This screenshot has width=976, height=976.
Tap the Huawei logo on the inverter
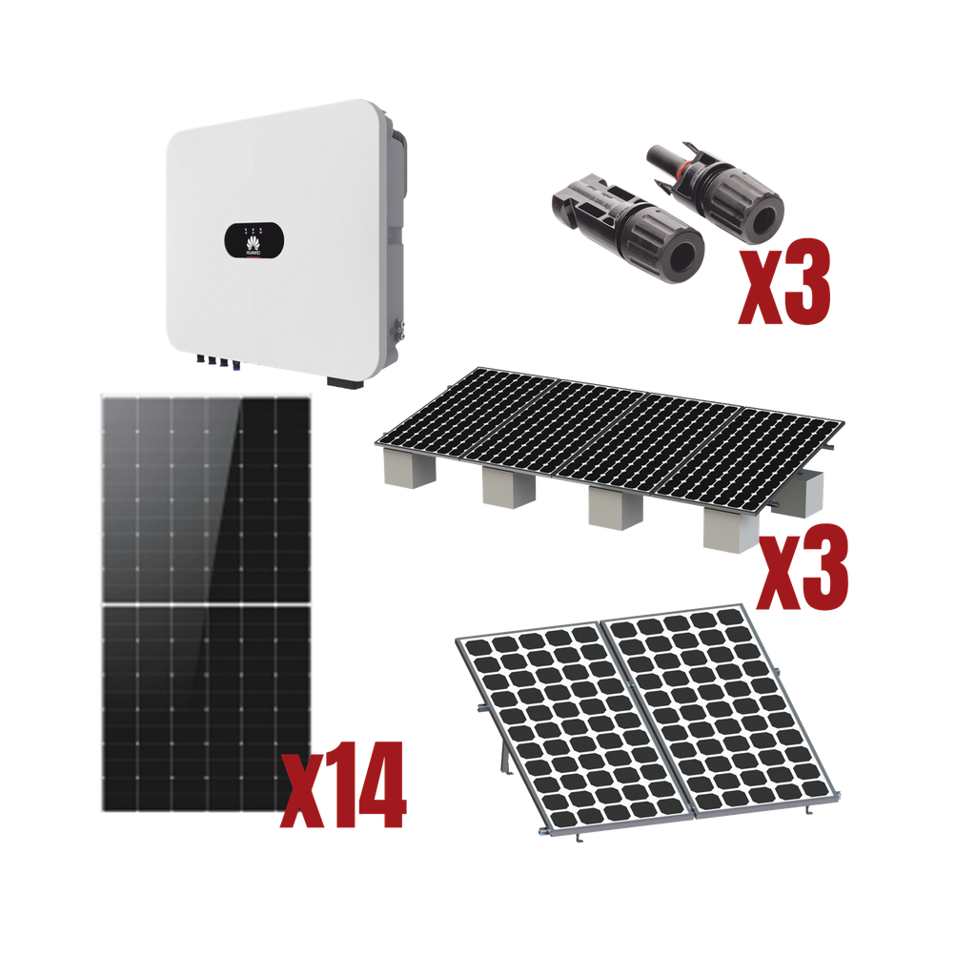[254, 251]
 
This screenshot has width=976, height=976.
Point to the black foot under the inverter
[344, 382]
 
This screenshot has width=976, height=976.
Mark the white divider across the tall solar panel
[204, 604]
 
